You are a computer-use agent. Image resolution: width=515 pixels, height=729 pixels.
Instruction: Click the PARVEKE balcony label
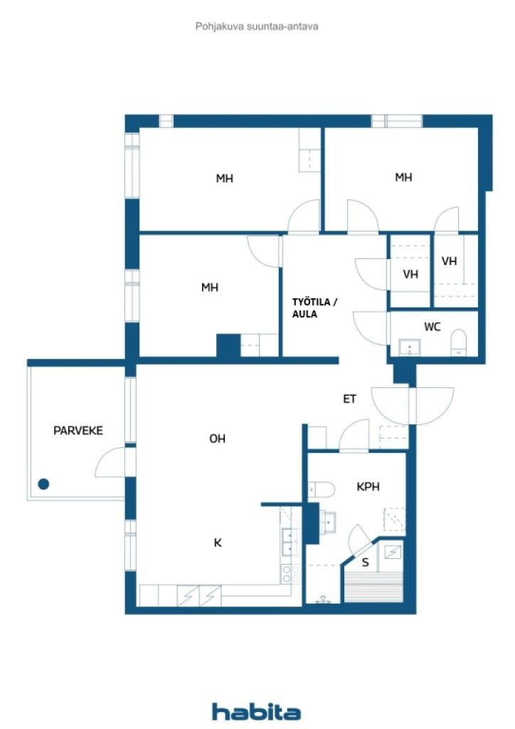coord(78,430)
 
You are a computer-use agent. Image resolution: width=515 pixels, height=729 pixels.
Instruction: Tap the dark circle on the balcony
coord(43,484)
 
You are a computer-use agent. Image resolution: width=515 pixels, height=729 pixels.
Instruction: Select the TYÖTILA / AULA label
coord(315,308)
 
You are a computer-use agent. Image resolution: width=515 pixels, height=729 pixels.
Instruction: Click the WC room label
coord(432,327)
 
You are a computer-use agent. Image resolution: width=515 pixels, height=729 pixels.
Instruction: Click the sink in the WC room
coord(410,347)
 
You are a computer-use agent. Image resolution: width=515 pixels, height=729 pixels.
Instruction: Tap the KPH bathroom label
coord(368,487)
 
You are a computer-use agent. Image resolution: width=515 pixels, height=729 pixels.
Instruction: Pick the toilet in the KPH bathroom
coord(322,489)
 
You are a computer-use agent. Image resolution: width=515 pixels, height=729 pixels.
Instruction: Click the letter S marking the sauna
coord(366,562)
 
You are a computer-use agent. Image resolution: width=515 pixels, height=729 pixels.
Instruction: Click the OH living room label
coord(217,439)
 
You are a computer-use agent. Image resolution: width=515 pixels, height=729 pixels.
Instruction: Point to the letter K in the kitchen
coord(218,542)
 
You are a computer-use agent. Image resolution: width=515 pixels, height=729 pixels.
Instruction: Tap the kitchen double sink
coord(289,543)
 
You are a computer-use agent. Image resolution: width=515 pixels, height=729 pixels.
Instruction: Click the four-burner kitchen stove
coord(289,575)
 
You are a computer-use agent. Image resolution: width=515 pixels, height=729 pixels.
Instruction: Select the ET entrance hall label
coord(349,399)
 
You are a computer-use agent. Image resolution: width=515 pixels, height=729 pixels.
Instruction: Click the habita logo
coord(256,710)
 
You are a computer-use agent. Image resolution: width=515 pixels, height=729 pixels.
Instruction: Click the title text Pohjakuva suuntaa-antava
coord(257,26)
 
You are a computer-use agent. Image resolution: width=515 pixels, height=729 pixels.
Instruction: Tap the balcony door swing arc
coord(109,462)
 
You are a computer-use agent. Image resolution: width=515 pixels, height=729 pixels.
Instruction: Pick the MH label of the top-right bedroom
coord(403,177)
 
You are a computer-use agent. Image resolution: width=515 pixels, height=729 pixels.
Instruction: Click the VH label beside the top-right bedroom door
coord(449,261)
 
